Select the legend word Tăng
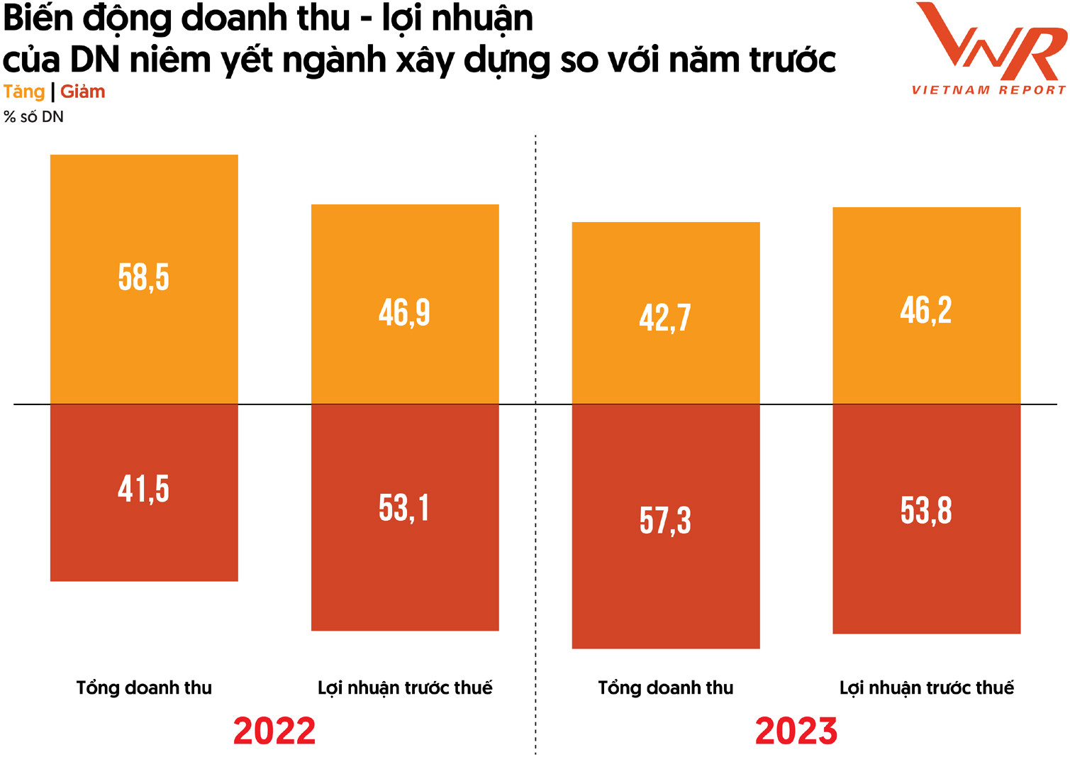[24, 92]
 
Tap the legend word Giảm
[83, 92]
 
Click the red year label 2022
[274, 731]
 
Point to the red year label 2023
[796, 731]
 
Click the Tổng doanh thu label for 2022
[144, 687]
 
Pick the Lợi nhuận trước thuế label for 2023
[926, 688]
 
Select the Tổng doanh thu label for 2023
[666, 687]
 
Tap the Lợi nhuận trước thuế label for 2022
[405, 688]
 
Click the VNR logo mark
[991, 41]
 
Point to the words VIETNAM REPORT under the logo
[988, 90]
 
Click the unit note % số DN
[33, 117]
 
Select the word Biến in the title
[38, 19]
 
